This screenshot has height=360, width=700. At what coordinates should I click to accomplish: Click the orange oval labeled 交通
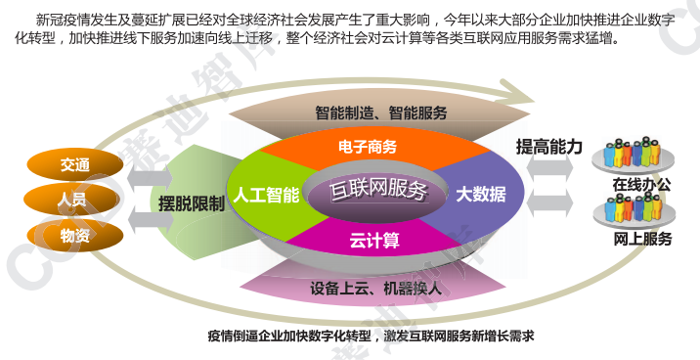(x=74, y=164)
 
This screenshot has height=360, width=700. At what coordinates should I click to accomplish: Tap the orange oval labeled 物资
(x=74, y=235)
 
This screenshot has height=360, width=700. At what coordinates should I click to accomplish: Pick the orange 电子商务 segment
(x=367, y=148)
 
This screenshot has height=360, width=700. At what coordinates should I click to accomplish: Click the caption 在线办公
(x=641, y=183)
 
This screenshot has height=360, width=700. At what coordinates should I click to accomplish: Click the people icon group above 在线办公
(x=640, y=155)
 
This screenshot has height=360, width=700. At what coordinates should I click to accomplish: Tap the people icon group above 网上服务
(x=640, y=209)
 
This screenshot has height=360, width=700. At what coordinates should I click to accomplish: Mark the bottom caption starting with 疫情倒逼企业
(x=372, y=337)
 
